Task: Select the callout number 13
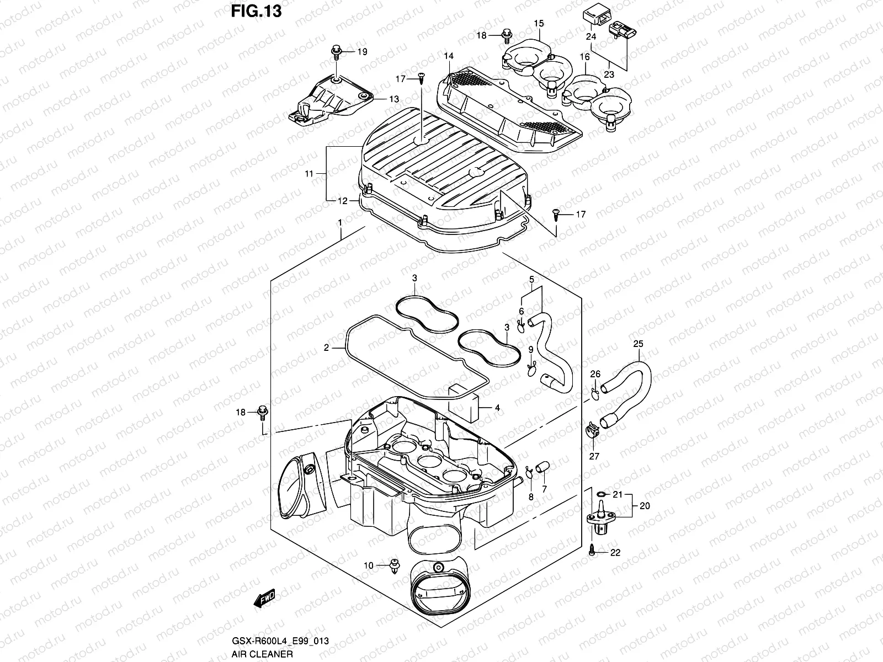tap(393, 99)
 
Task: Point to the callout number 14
tap(448, 56)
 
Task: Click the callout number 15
tap(539, 23)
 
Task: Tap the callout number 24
tap(591, 36)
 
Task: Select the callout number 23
tap(609, 74)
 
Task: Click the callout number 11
tap(308, 174)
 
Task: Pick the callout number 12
tap(343, 201)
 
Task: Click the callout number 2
tap(326, 348)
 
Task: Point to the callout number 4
tap(497, 408)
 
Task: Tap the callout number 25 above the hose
tap(638, 344)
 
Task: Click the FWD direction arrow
tap(264, 599)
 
